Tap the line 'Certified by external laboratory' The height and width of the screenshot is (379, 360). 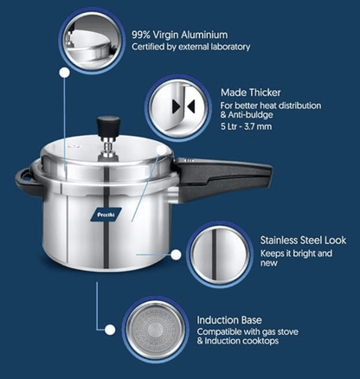click(190, 47)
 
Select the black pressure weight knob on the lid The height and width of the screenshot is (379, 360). click(107, 125)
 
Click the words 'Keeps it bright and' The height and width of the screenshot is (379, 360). click(296, 254)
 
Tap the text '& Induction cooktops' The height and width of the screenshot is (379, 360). click(236, 343)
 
